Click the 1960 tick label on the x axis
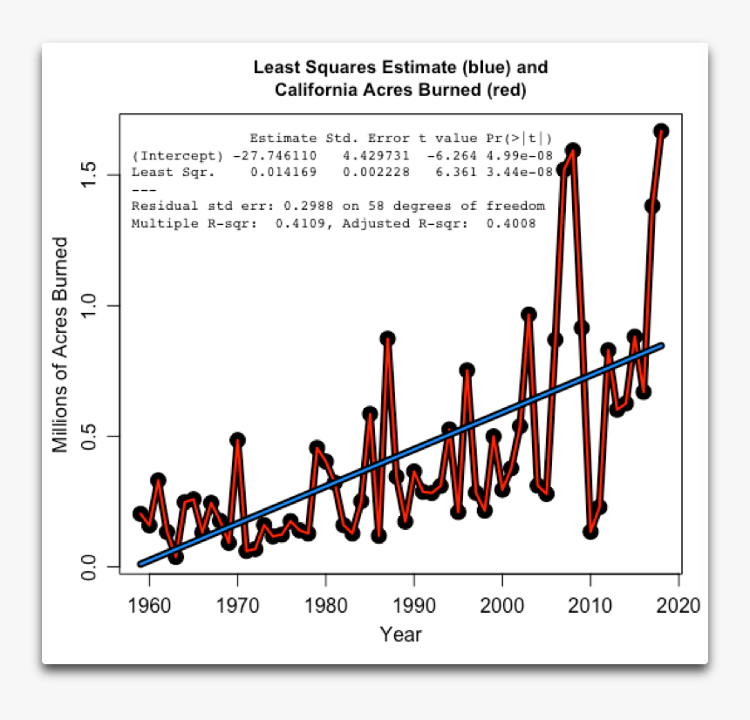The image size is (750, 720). click(x=149, y=604)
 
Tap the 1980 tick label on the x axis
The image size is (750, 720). click(x=325, y=604)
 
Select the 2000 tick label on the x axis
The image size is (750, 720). click(x=501, y=604)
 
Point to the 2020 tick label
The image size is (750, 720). click(x=678, y=604)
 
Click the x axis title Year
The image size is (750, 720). click(x=400, y=634)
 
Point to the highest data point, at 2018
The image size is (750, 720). click(x=661, y=131)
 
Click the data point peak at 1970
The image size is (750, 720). click(x=237, y=440)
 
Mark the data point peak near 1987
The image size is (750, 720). click(x=387, y=338)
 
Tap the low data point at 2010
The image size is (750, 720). click(x=590, y=532)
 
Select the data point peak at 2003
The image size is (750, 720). click(x=528, y=315)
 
